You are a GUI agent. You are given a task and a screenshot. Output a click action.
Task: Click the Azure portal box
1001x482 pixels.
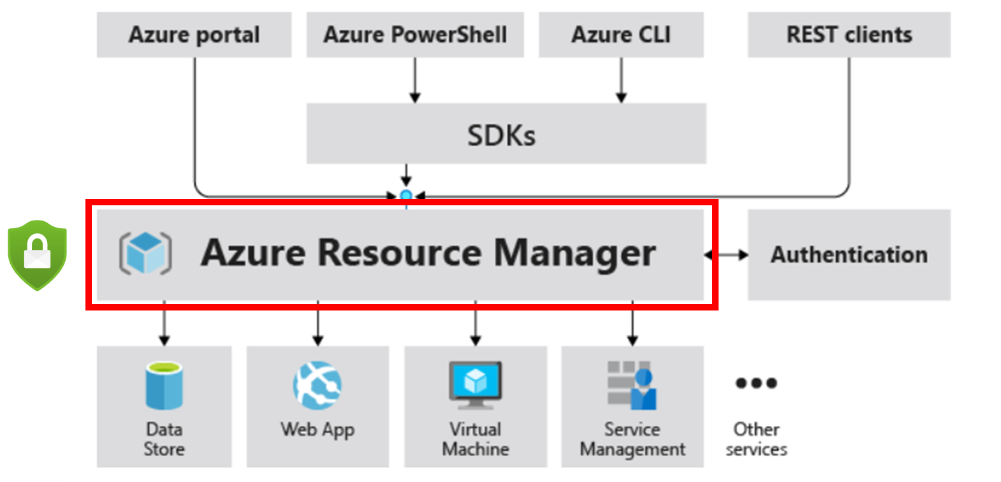tap(194, 35)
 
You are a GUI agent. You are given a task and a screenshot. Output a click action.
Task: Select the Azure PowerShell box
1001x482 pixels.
tap(415, 35)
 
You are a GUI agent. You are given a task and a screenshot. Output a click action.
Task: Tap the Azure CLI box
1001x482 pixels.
tap(621, 35)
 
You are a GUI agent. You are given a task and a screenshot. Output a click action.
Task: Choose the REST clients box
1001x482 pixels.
tap(849, 35)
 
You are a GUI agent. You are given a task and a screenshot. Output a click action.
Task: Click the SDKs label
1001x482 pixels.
tap(501, 135)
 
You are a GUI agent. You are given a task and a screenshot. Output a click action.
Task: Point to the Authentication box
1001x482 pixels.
tap(849, 254)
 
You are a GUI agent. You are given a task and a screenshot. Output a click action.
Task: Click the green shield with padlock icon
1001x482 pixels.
tap(37, 254)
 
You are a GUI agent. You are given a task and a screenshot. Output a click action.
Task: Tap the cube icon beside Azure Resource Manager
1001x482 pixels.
tap(145, 253)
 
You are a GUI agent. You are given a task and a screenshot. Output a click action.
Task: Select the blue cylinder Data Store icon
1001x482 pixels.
tap(164, 385)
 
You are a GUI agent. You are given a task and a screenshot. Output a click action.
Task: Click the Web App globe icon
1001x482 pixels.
tap(318, 385)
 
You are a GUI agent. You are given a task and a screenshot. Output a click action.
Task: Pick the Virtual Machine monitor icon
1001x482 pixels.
tap(475, 385)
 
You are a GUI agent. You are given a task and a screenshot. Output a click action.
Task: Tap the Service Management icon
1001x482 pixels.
tap(632, 385)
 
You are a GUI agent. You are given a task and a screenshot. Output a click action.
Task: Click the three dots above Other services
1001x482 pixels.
tap(756, 383)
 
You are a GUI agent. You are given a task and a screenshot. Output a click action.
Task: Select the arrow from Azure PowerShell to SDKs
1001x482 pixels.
tap(415, 80)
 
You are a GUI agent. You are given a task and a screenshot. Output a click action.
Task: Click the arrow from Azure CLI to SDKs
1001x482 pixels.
tap(621, 80)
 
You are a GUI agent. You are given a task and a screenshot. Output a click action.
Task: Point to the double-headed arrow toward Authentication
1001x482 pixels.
tap(726, 255)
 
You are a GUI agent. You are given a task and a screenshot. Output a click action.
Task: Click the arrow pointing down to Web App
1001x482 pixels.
tap(318, 325)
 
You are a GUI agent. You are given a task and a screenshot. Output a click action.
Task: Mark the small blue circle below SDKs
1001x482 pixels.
tap(406, 196)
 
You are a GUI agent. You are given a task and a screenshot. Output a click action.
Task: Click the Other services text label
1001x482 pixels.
tap(756, 439)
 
